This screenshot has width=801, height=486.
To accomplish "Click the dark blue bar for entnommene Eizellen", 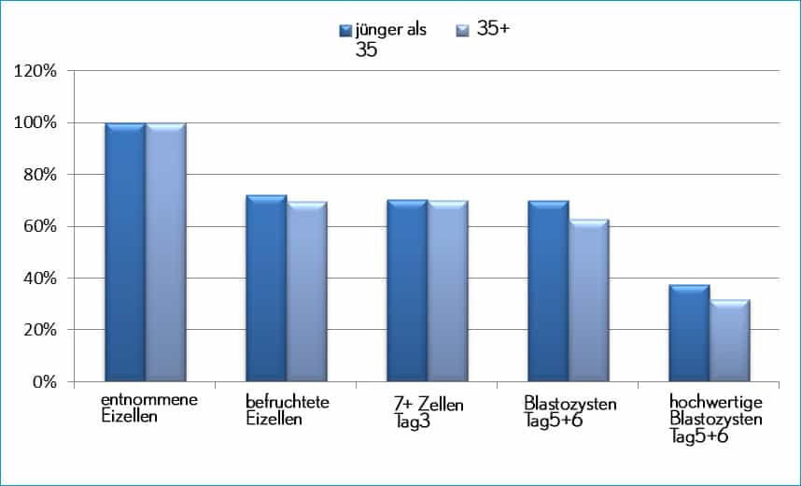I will [124, 252].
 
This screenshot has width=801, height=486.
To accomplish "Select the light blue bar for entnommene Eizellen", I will [165, 252].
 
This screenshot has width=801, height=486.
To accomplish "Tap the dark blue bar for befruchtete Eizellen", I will [266, 289].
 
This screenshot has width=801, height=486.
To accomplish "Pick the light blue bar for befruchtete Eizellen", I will [306, 292].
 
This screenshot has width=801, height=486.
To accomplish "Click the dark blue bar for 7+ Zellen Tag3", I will [407, 291].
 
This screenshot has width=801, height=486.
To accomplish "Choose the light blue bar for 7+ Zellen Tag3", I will [447, 292].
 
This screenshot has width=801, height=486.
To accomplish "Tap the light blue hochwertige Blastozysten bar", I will [729, 341].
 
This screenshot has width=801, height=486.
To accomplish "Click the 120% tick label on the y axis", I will [38, 71].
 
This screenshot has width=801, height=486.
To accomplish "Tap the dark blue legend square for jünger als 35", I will [345, 31].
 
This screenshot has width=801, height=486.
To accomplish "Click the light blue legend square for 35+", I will [462, 31].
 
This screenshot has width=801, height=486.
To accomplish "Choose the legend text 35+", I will [493, 29].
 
